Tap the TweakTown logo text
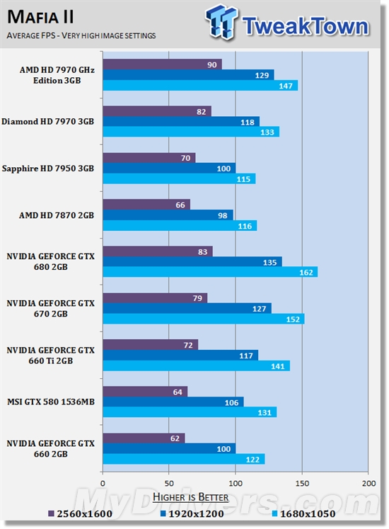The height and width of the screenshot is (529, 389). coord(304,26)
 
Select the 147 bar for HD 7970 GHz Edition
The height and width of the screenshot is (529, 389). coord(200,86)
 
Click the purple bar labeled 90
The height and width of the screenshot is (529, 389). coord(162,64)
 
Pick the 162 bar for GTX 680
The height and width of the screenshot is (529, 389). coord(210,272)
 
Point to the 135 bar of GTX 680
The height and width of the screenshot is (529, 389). coord(192,262)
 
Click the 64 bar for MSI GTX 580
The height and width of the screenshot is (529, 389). coord(145,392)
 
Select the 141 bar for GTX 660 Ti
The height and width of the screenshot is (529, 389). coord(196,365)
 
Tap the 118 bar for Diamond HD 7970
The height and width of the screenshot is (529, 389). coord(181,122)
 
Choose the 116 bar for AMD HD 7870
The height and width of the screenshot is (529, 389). coord(180,225)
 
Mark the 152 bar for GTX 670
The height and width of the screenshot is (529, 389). coord(204,319)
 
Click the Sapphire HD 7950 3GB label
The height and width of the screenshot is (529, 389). coord(48,169)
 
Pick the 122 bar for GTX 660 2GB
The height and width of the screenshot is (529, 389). coord(184,459)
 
